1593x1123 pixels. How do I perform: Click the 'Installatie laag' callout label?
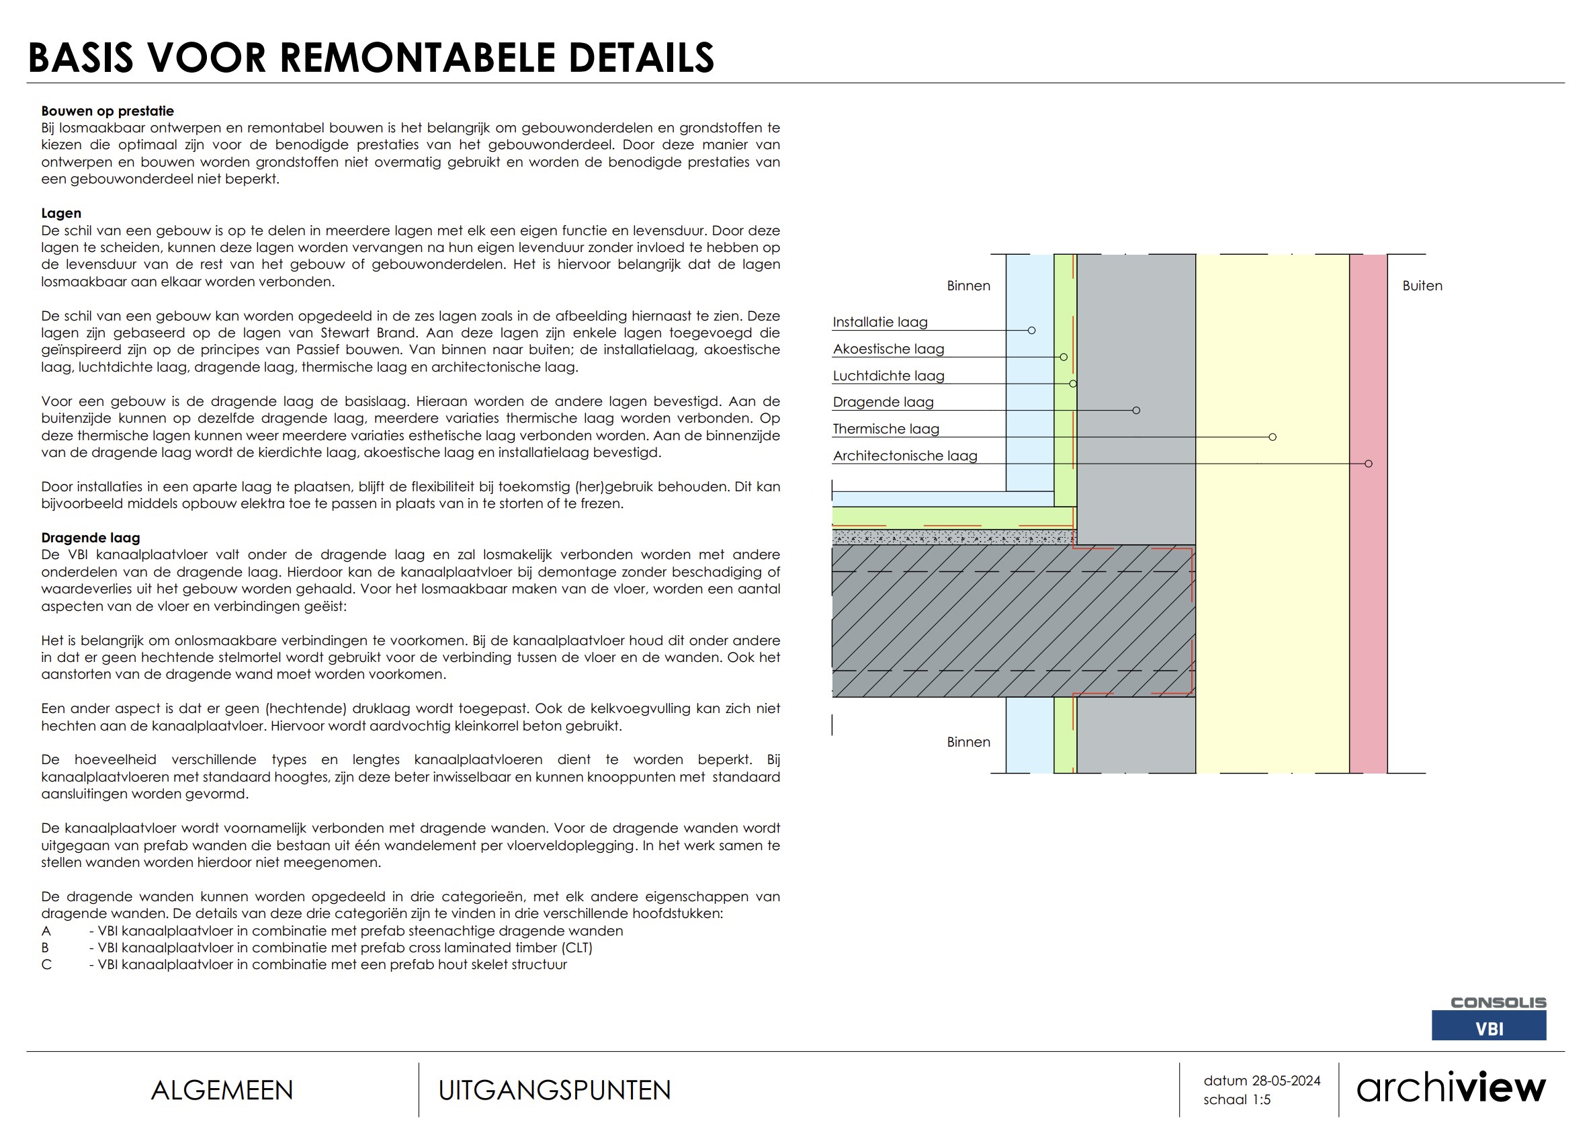click(879, 322)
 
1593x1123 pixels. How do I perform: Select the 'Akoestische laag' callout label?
click(888, 349)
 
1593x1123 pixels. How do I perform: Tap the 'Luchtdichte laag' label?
click(888, 376)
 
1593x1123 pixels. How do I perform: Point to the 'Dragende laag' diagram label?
click(883, 403)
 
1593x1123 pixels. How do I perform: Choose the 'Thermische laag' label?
click(886, 429)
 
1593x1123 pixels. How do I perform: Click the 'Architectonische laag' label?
click(905, 456)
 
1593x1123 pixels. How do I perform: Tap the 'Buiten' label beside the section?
click(1422, 286)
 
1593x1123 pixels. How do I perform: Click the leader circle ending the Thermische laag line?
click(1272, 438)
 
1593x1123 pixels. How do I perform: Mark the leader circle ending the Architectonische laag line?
click(1368, 464)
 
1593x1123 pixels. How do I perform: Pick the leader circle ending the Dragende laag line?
click(1135, 410)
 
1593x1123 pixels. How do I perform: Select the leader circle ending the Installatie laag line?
click(1032, 331)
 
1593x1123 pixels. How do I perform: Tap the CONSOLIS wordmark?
click(1498, 1002)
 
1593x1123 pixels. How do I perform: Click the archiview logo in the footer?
click(1451, 1087)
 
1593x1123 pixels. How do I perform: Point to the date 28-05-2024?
click(1286, 1081)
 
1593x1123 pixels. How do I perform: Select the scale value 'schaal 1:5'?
click(1236, 1100)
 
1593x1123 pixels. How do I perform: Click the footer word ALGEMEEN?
click(222, 1090)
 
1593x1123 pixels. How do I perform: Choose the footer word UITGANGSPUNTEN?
click(554, 1090)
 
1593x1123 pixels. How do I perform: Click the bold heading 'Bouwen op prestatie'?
click(107, 111)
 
